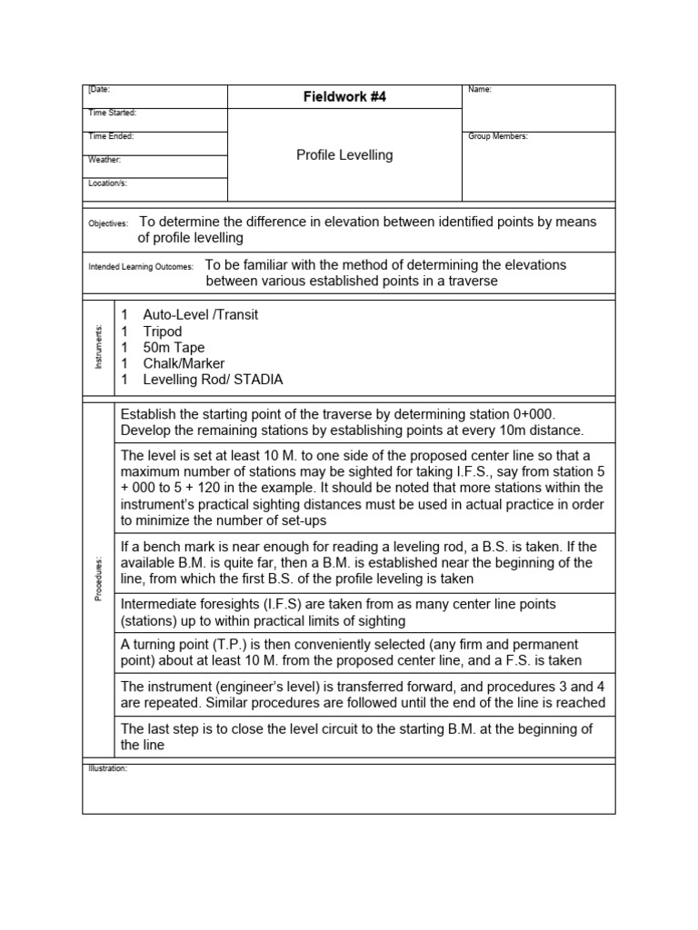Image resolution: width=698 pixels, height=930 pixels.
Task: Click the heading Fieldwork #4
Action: click(x=344, y=97)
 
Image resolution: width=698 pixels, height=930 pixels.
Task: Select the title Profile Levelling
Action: click(x=344, y=155)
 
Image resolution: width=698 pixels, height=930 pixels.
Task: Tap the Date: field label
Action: click(x=99, y=90)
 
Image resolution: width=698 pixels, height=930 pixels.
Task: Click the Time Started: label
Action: click(x=112, y=113)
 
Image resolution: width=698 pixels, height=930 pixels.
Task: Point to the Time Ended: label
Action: click(x=110, y=136)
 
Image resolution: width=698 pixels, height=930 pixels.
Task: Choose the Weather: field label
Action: click(x=105, y=160)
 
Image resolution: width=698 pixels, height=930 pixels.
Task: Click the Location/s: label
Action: click(x=108, y=183)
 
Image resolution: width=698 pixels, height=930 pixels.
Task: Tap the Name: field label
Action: click(x=479, y=90)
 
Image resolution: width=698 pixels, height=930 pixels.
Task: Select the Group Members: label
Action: click(x=497, y=136)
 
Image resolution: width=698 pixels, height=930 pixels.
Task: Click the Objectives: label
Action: click(x=108, y=223)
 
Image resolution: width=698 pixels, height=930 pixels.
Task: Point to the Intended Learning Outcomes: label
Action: click(x=140, y=268)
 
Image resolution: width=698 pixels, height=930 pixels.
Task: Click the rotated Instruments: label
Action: click(x=99, y=347)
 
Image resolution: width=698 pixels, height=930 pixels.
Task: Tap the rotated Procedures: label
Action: click(x=99, y=579)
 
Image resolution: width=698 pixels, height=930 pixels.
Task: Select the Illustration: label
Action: click(x=108, y=768)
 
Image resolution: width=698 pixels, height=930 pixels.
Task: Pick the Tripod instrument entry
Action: click(x=163, y=331)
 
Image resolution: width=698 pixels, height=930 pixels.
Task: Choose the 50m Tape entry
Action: click(x=174, y=348)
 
